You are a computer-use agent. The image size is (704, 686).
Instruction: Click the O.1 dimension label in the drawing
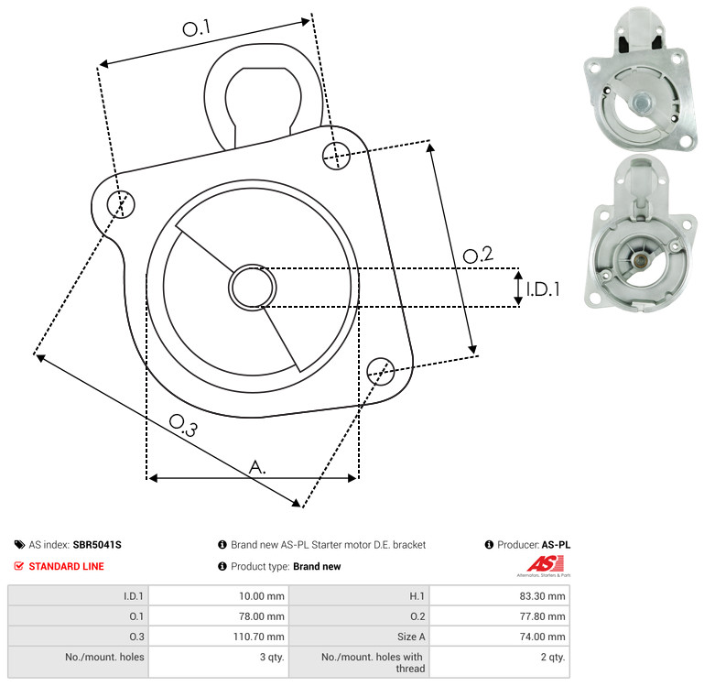point(196,28)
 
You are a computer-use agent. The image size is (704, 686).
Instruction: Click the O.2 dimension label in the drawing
point(478,255)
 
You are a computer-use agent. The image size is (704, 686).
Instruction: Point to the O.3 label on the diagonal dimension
point(183,425)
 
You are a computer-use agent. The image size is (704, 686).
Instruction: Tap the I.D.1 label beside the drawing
point(543,289)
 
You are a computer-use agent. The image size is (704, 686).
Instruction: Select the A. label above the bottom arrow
point(257,467)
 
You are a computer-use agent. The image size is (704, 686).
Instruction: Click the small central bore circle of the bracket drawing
point(253,288)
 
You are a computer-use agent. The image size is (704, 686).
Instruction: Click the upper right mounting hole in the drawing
point(336,156)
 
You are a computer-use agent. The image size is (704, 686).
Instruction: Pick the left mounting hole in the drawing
point(121,204)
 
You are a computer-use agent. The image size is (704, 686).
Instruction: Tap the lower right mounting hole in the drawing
point(381,371)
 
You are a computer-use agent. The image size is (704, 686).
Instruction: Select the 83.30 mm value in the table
point(542,596)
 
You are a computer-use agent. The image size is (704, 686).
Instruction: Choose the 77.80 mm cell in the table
point(542,616)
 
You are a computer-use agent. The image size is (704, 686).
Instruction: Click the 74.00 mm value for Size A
point(542,637)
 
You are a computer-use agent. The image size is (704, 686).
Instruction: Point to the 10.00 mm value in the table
point(261,596)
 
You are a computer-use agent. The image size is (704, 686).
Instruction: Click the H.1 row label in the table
point(417,596)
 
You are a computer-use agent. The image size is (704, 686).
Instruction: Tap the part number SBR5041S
point(97,545)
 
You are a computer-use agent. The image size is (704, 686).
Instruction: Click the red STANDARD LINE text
point(67,567)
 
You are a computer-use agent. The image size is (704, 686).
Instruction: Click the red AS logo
point(545,563)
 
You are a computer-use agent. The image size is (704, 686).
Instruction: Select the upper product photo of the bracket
point(640,80)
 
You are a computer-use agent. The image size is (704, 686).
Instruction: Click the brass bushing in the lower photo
point(641,260)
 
